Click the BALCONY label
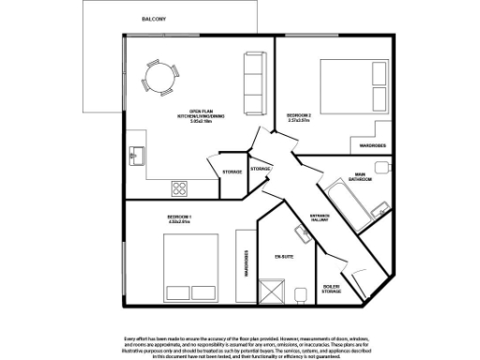pyautogui.click(x=154, y=19)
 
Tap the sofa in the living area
pyautogui.click(x=253, y=80)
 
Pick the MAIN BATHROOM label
pyautogui.click(x=361, y=175)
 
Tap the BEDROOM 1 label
pyautogui.click(x=179, y=219)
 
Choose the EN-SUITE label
pyautogui.click(x=285, y=256)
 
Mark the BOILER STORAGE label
pyautogui.click(x=331, y=289)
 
